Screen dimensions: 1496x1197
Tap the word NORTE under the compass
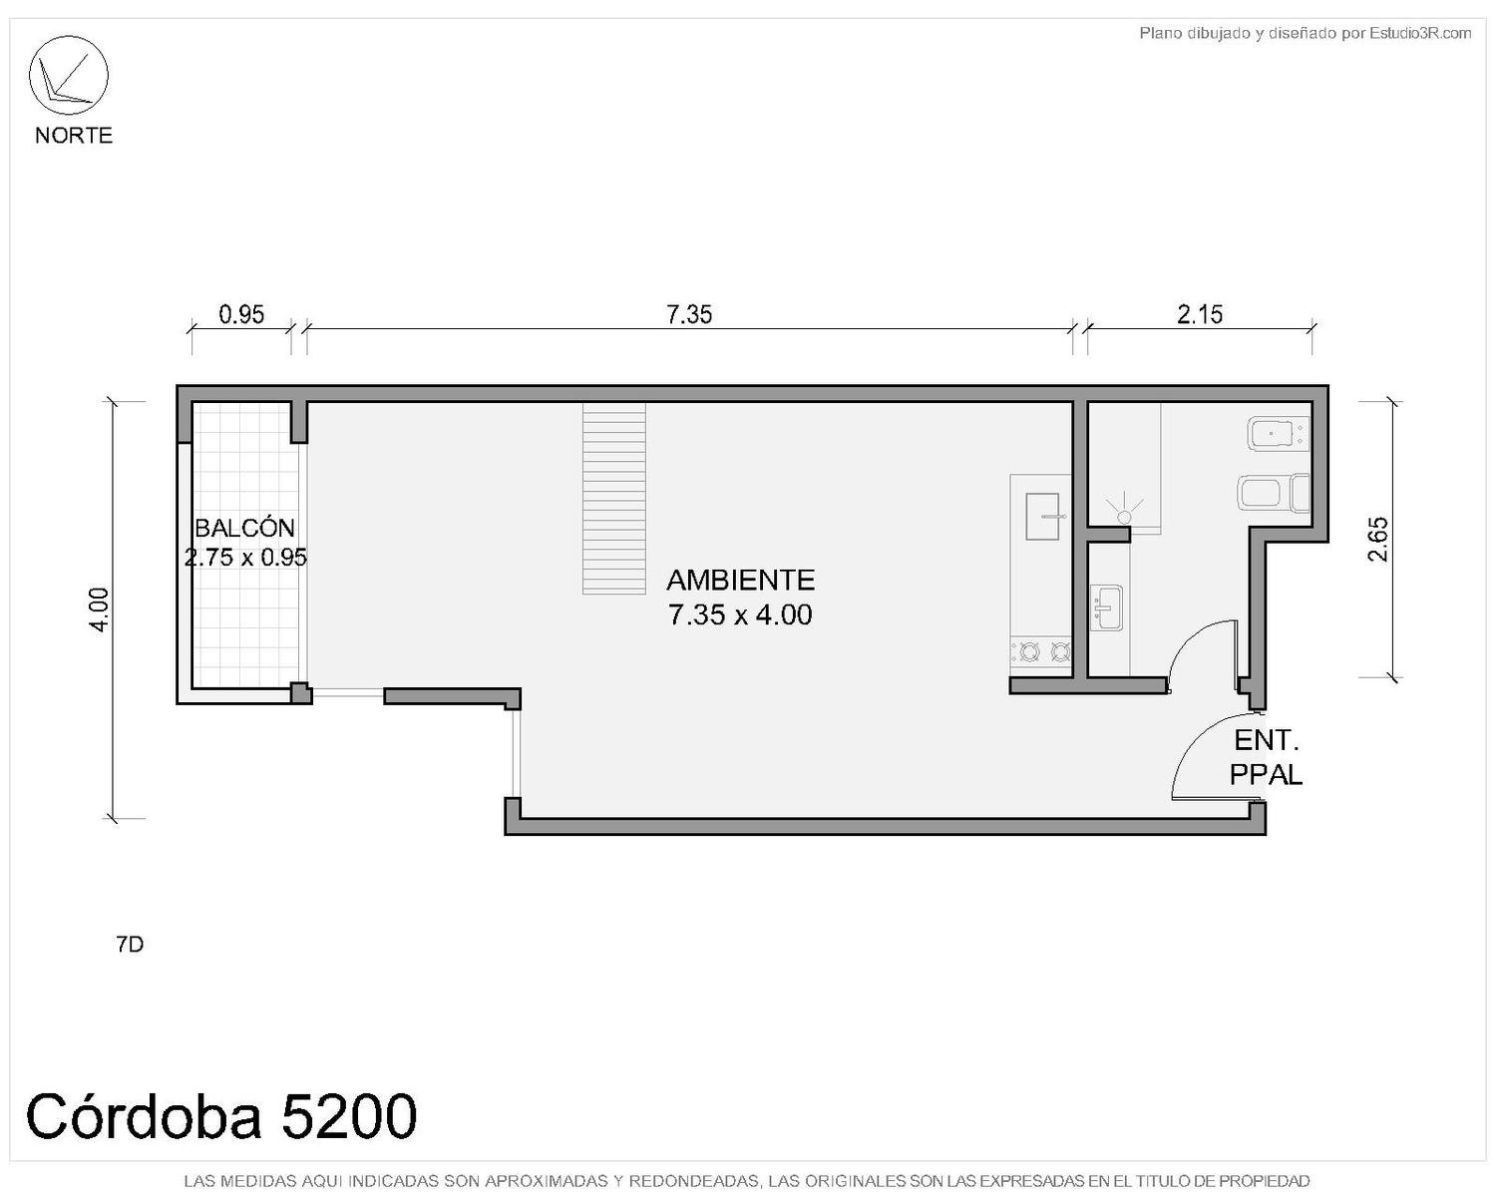(x=74, y=136)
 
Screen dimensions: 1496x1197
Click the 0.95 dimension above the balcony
(x=241, y=315)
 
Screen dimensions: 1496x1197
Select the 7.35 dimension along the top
(x=689, y=315)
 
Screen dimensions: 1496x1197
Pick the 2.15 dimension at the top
(x=1199, y=315)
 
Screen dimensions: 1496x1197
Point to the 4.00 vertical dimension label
(x=100, y=609)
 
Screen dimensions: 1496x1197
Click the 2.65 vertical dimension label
(x=1377, y=539)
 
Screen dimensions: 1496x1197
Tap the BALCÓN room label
(x=244, y=529)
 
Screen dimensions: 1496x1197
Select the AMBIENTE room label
(x=740, y=581)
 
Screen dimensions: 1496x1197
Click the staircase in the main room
(x=613, y=499)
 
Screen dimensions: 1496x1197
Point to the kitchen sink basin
(x=1042, y=517)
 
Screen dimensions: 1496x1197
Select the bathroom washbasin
(x=1105, y=607)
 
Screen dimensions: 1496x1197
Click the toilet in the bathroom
(x=1274, y=493)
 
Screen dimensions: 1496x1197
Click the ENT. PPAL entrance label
(x=1266, y=757)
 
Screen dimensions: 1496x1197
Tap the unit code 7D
(x=130, y=945)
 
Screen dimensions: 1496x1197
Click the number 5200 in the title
(x=348, y=1116)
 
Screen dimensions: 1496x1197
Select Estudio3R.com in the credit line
(x=1420, y=33)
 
